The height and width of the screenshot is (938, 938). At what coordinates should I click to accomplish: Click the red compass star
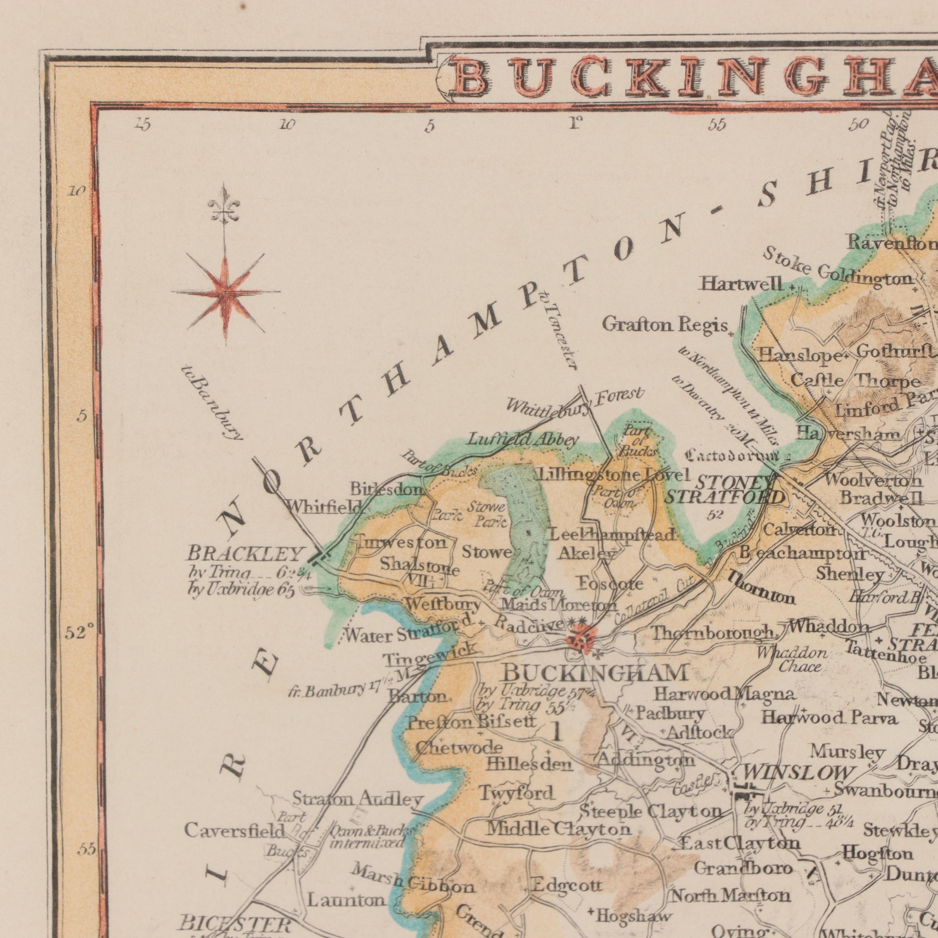tap(225, 293)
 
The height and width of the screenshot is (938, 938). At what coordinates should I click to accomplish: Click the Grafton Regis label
tap(665, 324)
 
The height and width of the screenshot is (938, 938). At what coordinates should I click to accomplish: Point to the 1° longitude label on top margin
tap(575, 124)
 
